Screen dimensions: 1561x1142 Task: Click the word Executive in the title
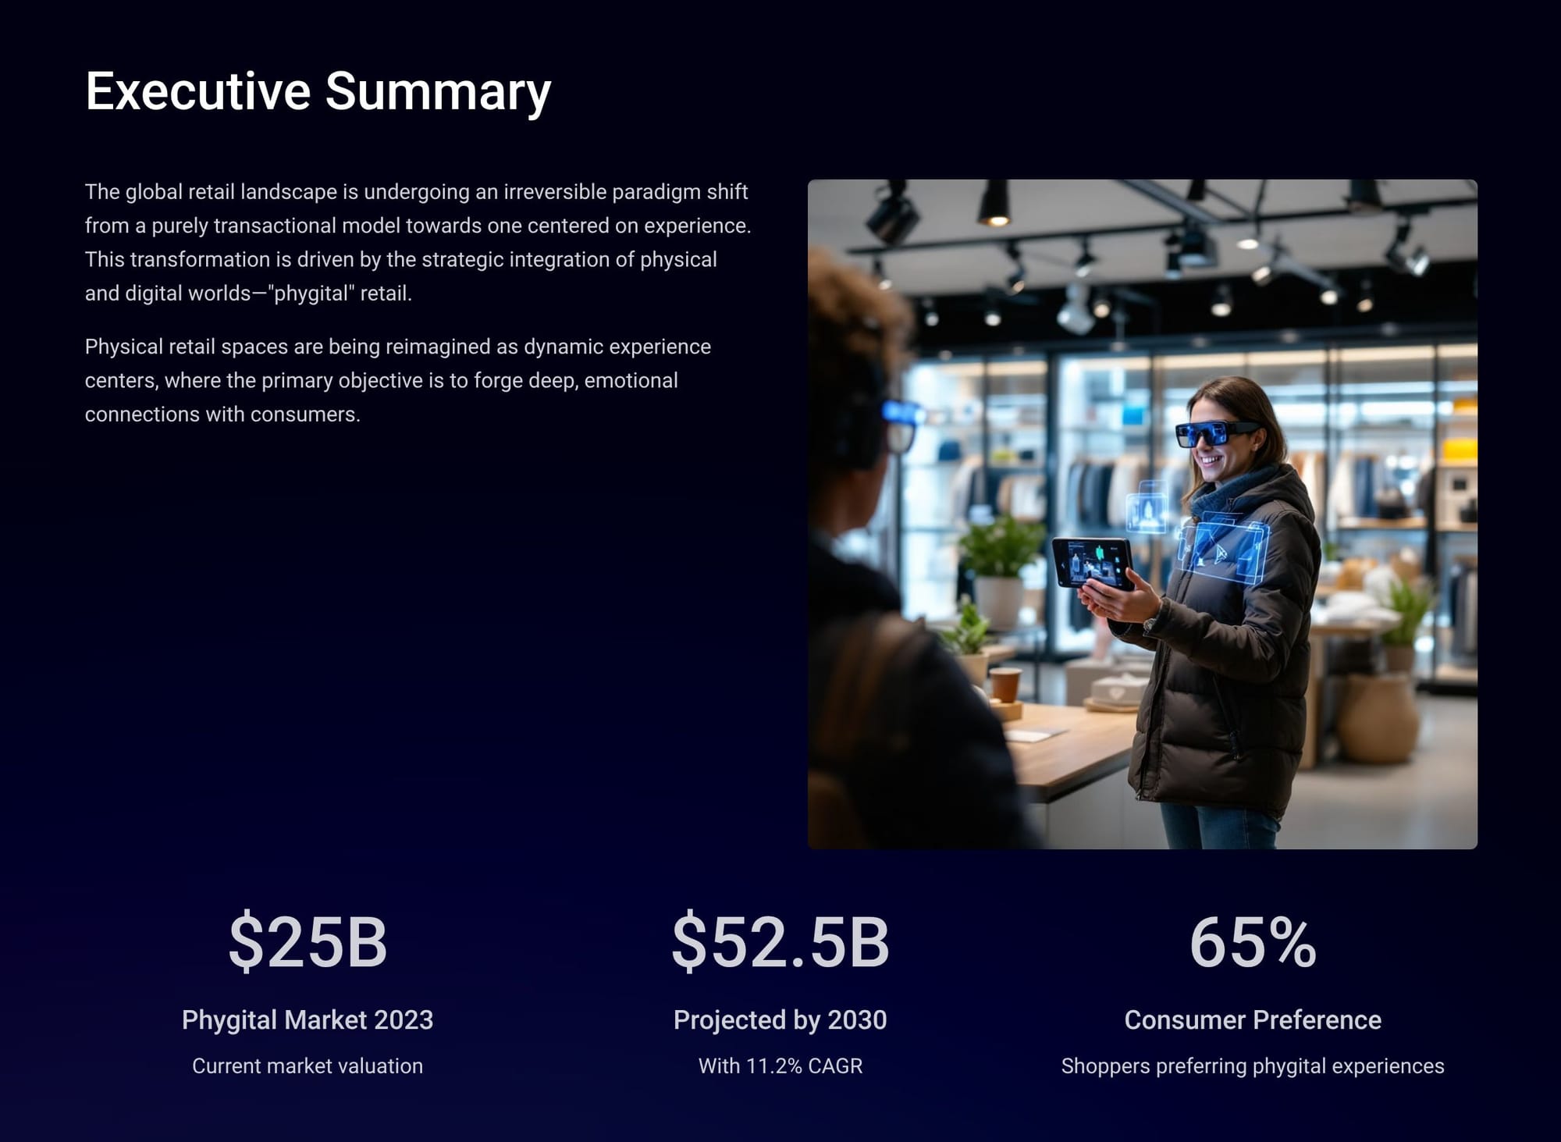coord(198,91)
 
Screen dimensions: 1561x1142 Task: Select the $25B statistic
coord(308,941)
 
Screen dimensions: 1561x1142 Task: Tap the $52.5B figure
coord(780,941)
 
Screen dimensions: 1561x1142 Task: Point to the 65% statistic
coord(1253,942)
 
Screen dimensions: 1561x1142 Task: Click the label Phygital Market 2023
coord(308,1020)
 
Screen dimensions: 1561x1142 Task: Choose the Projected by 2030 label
coord(780,1020)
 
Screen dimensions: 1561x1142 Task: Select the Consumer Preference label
coord(1253,1019)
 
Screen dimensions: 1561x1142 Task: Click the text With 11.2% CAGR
coord(780,1066)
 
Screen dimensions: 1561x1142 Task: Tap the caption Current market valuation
coord(308,1066)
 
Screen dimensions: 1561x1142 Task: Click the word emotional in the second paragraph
coord(631,380)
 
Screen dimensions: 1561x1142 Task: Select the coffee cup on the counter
coord(1005,685)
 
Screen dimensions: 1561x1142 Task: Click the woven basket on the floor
coord(1378,718)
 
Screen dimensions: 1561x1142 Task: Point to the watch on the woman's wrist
coord(1150,624)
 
